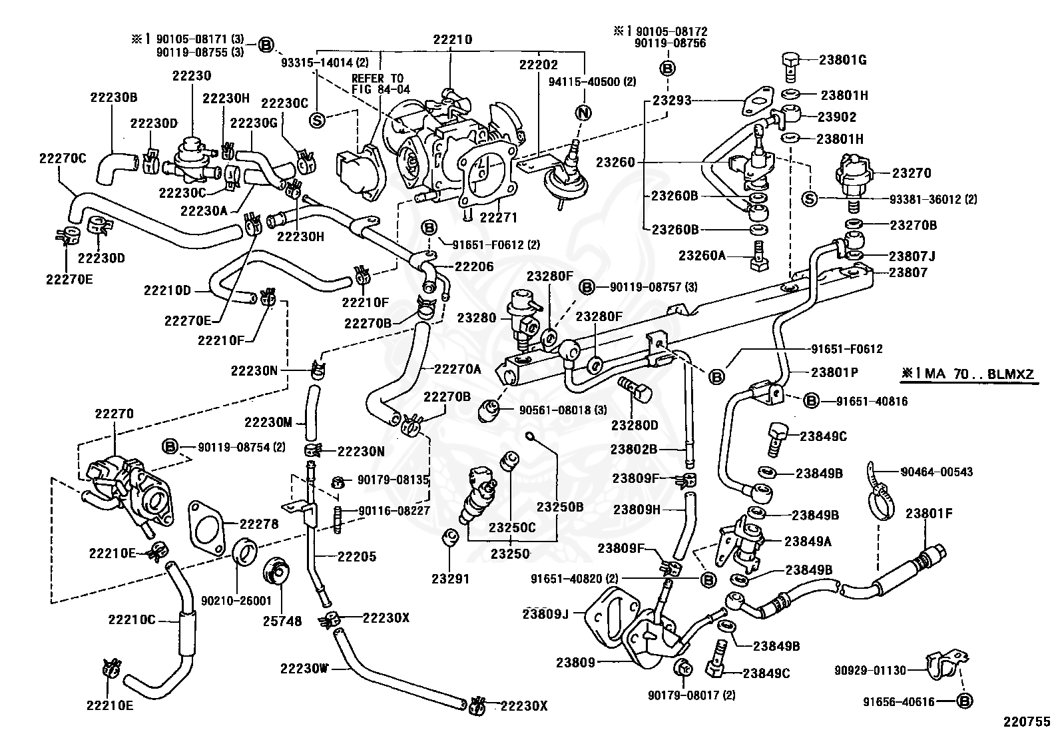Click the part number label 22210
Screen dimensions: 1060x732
pyautogui.click(x=452, y=39)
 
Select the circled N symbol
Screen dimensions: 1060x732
pyautogui.click(x=583, y=113)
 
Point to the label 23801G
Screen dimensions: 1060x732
pyautogui.click(x=843, y=60)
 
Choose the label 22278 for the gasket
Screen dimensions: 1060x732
pyautogui.click(x=259, y=524)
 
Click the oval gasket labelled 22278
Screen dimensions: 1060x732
pyautogui.click(x=206, y=528)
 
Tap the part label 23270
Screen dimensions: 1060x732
pyautogui.click(x=912, y=173)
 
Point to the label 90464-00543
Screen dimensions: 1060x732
pyautogui.click(x=937, y=472)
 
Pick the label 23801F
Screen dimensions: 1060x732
pyautogui.click(x=929, y=514)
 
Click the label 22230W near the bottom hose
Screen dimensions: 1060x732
pyautogui.click(x=304, y=668)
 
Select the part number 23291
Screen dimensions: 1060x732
pyautogui.click(x=450, y=579)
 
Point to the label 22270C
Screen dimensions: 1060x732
pyautogui.click(x=63, y=158)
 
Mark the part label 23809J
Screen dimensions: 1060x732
pyautogui.click(x=545, y=613)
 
